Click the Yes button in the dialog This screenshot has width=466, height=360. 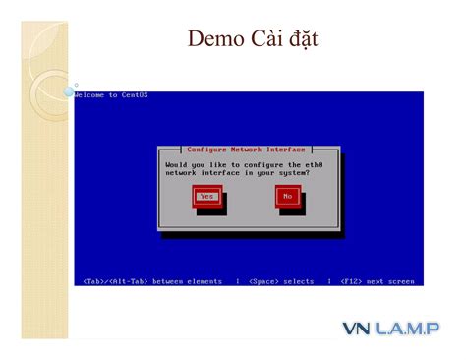click(x=206, y=196)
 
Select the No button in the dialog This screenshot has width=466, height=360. click(x=287, y=196)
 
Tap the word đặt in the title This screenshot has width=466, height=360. click(x=301, y=40)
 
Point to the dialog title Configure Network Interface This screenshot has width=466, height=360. click(x=246, y=150)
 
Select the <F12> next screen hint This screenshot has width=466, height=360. click(x=378, y=281)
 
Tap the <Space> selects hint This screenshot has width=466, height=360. click(x=281, y=281)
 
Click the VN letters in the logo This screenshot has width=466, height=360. click(x=355, y=328)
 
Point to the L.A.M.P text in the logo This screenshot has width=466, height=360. click(x=406, y=328)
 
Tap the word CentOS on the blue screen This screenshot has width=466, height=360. click(x=134, y=95)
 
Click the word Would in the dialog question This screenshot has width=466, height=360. click(x=177, y=164)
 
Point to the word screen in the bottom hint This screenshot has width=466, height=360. click(x=402, y=281)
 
